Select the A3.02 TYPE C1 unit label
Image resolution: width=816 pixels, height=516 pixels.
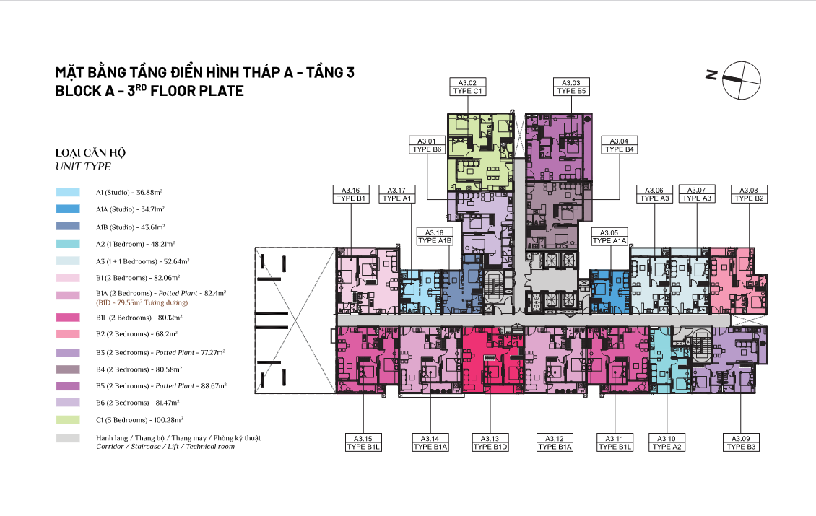pyautogui.click(x=467, y=87)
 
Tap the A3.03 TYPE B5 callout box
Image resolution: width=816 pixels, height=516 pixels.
pyautogui.click(x=571, y=87)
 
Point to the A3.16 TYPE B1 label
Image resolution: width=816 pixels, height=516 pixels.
pyautogui.click(x=351, y=195)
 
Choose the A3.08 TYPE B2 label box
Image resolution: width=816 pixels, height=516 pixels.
pyautogui.click(x=749, y=195)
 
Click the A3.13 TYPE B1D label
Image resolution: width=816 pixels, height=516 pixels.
pyautogui.click(x=490, y=442)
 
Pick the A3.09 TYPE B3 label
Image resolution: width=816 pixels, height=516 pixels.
pyautogui.click(x=741, y=442)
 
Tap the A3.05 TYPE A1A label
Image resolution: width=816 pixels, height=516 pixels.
pyautogui.click(x=609, y=237)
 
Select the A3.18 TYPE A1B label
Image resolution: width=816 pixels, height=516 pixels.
pyautogui.click(x=435, y=237)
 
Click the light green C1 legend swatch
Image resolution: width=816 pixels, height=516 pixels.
pyautogui.click(x=68, y=420)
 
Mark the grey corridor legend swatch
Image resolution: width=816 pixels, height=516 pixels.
pyautogui.click(x=68, y=439)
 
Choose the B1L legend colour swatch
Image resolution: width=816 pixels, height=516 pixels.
pyautogui.click(x=68, y=318)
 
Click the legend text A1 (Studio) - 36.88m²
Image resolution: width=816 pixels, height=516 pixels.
pyautogui.click(x=129, y=193)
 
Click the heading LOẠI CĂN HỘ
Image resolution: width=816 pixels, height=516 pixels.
pyautogui.click(x=90, y=153)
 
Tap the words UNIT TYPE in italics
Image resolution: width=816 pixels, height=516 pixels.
pyautogui.click(x=83, y=167)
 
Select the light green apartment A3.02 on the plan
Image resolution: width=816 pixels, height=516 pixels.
pyautogui.click(x=479, y=152)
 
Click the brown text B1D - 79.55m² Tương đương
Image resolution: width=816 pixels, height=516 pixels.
pyautogui.click(x=142, y=302)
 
